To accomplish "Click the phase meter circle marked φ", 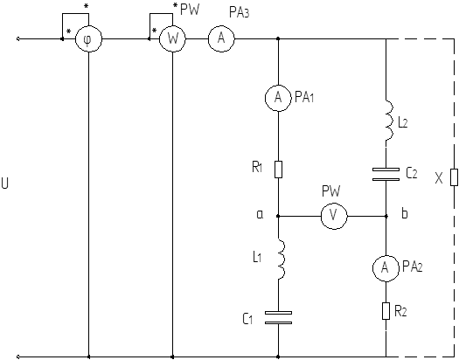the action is coord(88,38).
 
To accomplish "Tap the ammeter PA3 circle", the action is coord(221,38).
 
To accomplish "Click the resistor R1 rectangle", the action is coord(278,170).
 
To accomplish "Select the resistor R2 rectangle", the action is coord(386,311).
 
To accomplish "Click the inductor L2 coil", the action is coord(389,121).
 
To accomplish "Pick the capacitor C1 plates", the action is coord(278,318).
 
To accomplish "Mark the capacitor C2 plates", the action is coord(386,174).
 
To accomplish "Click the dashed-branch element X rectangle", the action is coord(454,177).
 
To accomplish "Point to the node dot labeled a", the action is coord(278,216).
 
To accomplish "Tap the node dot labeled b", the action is coord(386,216).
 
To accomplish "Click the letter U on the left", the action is coord(5,183).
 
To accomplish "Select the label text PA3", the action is coord(240,12).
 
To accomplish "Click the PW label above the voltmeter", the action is coord(331,191).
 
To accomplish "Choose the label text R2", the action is coord(400,312).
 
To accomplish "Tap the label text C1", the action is coord(247,319).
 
